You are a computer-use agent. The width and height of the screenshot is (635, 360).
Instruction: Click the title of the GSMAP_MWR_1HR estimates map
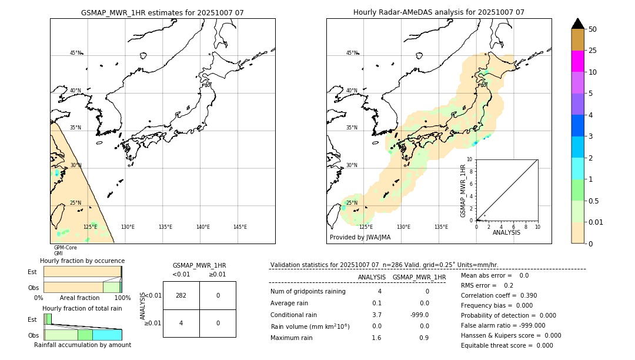162,12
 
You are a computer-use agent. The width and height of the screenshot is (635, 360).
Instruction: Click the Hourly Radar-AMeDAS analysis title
439,12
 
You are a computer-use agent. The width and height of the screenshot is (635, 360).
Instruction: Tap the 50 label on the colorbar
593,29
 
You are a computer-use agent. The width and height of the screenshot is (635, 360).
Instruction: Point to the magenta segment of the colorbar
577,61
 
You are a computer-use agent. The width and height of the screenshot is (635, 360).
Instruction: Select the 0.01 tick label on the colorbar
596,222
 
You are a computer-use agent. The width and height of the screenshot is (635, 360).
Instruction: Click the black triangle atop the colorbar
577,24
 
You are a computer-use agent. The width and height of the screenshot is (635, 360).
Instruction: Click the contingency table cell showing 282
181,295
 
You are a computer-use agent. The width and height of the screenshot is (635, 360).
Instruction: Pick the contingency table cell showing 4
181,323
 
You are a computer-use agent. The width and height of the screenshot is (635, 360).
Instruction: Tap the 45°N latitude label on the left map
75,53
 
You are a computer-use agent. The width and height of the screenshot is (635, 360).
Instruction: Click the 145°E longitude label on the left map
240,227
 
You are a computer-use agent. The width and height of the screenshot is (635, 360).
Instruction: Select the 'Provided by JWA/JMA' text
360,238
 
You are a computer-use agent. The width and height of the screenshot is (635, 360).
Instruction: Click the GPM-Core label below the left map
65,248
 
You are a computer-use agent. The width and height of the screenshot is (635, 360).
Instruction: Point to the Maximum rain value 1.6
376,338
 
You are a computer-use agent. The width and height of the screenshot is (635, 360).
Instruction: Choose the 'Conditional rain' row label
293,315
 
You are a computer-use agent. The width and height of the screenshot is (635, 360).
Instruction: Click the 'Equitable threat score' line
507,345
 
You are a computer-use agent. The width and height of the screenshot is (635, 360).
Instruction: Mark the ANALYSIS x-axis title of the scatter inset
506,232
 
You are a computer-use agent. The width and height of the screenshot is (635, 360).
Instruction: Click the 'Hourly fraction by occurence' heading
82,261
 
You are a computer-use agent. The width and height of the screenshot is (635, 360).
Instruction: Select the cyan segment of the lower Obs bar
107,335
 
